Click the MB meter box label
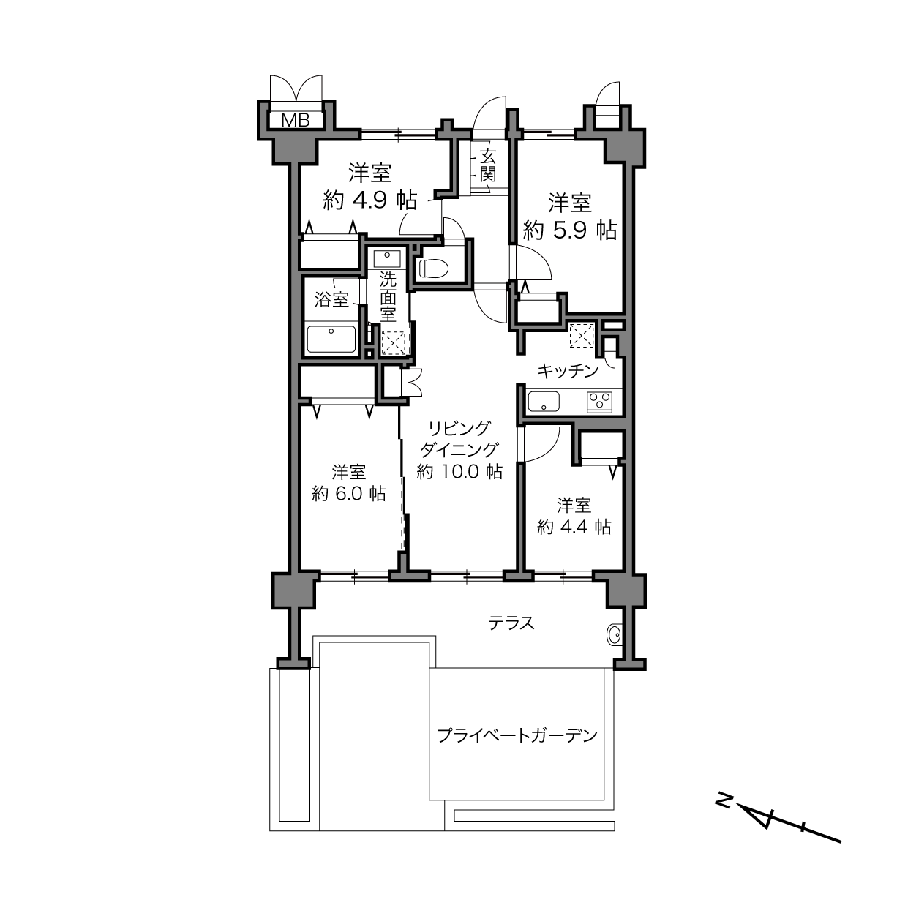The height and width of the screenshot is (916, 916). pos(295,120)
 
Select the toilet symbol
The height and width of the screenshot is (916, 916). pos(434,268)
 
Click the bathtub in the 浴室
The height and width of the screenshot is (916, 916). pos(331,339)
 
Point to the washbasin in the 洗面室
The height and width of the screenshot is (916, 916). pos(388,259)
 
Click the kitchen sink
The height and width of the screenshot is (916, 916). pos(544,402)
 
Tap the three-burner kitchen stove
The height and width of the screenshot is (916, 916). pos(599,401)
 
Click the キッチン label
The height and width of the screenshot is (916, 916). pos(568,371)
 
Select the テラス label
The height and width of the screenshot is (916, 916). pos(511,623)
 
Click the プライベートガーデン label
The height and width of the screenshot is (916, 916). pos(517,735)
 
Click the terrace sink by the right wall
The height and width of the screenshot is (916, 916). pos(615,634)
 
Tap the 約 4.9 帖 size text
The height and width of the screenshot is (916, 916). pos(369,200)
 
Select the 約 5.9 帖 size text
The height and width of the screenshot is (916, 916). pos(569,230)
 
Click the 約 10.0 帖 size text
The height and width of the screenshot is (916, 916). pos(459,472)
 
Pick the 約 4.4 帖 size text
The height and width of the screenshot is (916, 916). pos(574,528)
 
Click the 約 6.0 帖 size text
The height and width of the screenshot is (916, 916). pos(348,494)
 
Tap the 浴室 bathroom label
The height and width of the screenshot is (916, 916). pos(331,299)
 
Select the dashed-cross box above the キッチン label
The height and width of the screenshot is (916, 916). pos(582,336)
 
